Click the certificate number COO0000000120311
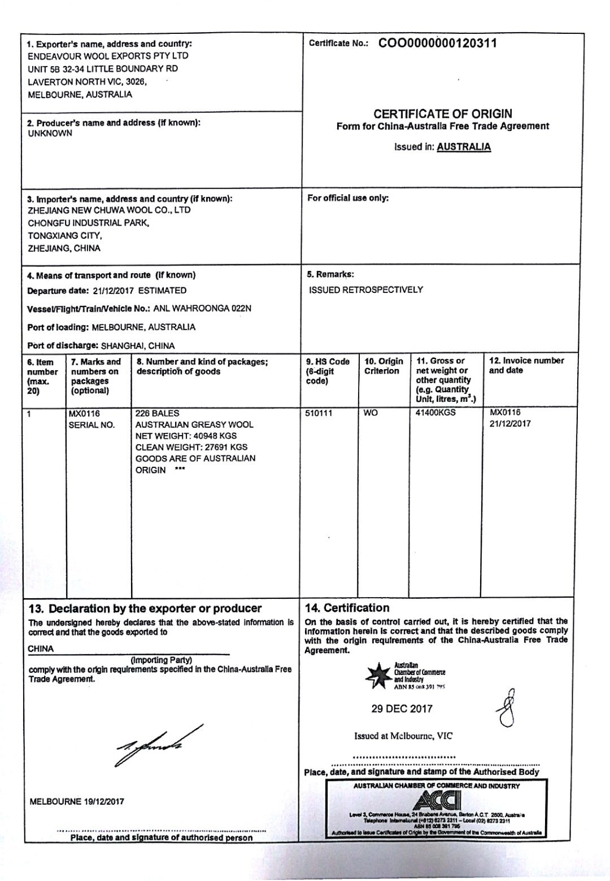coord(437,43)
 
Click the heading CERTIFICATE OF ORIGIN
coord(443,113)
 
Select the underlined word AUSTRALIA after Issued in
coord(464,147)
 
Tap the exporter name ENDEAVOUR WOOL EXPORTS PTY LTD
coord(108,56)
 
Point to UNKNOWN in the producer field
coord(50,134)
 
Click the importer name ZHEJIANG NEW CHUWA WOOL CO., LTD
coord(109,210)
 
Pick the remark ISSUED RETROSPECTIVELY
coord(365,290)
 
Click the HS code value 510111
coord(319,413)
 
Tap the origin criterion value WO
coord(371,413)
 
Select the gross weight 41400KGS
coord(435,413)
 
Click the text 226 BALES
coord(158,413)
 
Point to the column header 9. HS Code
coord(328,362)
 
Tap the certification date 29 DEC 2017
coord(402,709)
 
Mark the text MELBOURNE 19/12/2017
coord(76,801)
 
